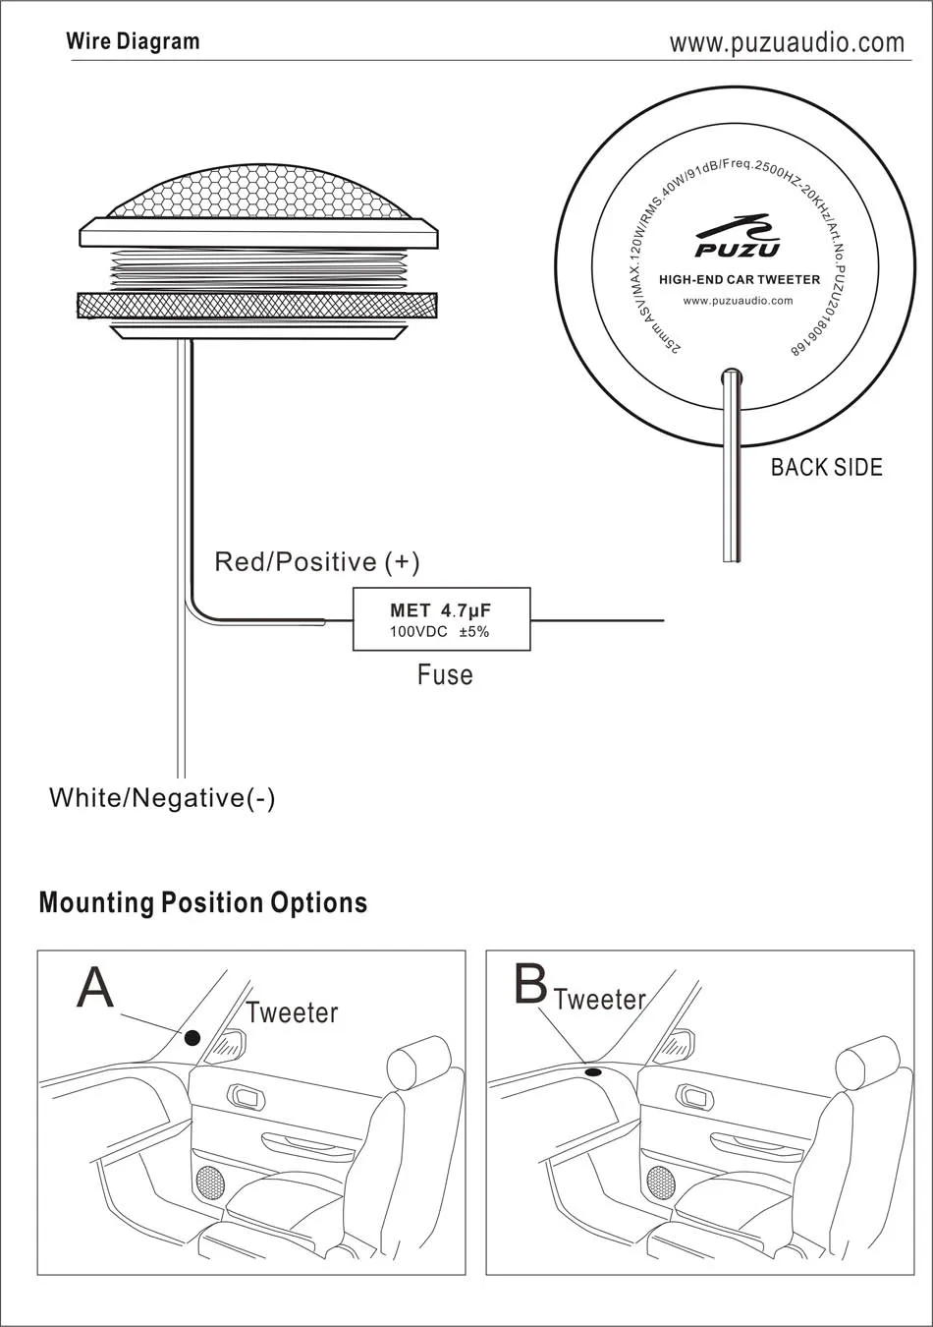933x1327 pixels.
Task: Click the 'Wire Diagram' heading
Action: pos(134,41)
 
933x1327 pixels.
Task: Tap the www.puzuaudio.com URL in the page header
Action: pos(787,42)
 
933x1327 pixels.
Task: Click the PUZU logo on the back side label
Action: pos(737,236)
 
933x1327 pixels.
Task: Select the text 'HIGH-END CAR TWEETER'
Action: pos(740,279)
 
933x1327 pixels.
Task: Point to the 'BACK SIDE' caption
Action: pos(826,468)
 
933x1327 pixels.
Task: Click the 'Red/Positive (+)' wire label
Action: pos(316,562)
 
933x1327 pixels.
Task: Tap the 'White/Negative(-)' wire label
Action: pos(162,798)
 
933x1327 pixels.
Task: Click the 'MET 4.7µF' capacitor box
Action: pos(442,619)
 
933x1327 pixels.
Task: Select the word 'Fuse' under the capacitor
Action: pos(445,674)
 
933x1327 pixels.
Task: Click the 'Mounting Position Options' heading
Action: pos(203,902)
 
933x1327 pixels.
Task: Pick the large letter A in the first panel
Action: pos(94,988)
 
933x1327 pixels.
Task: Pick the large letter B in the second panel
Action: pos(530,983)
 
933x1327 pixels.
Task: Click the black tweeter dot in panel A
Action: pos(192,1037)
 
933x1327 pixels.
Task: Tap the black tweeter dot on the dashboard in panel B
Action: pos(593,1072)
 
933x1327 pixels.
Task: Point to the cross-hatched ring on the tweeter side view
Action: pos(257,307)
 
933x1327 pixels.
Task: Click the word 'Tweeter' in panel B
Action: pos(600,1000)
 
